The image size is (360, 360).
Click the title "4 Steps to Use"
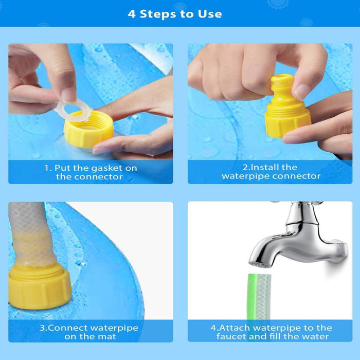[175, 13]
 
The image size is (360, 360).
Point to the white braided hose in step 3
[31, 226]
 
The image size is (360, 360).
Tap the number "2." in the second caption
[246, 167]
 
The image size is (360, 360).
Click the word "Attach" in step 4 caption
[235, 328]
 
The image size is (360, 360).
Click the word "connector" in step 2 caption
[296, 176]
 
